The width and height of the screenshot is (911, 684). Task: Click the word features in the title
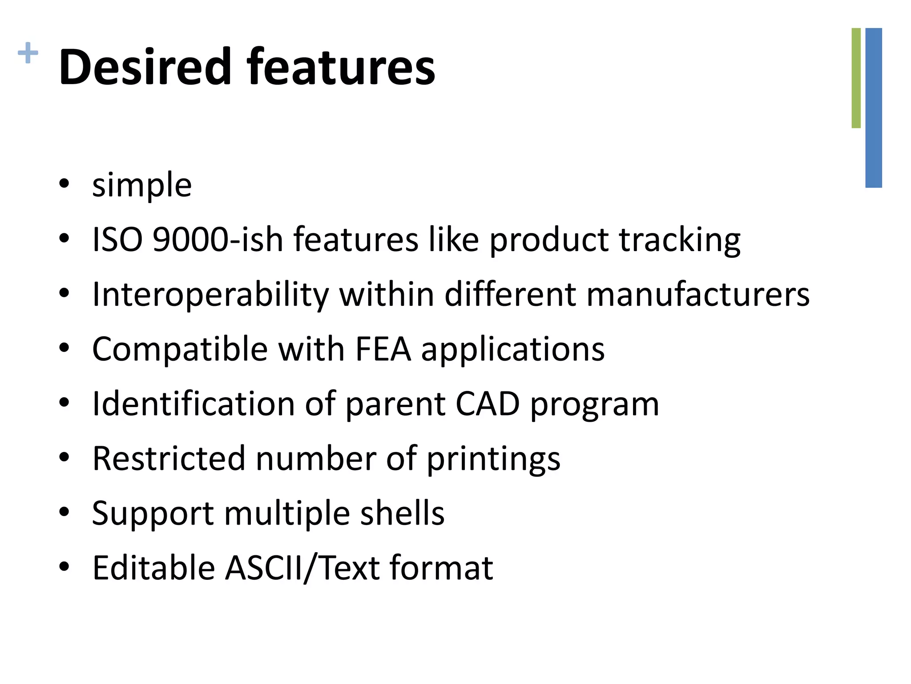(x=341, y=67)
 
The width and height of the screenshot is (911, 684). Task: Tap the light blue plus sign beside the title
(x=28, y=53)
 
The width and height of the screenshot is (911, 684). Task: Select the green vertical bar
(x=856, y=78)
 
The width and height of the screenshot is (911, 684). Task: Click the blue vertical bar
(x=874, y=108)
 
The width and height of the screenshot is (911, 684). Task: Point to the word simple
(x=142, y=185)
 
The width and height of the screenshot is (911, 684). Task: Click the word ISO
(x=117, y=240)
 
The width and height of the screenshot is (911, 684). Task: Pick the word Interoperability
(x=210, y=295)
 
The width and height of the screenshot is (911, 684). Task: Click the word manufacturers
(x=698, y=295)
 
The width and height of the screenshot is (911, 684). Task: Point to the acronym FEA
(x=383, y=349)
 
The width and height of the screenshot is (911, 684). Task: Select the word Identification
(x=193, y=404)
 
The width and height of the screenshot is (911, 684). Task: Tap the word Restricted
(x=169, y=459)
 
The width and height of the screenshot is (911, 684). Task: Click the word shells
(x=402, y=513)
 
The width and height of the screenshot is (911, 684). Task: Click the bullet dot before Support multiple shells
(x=64, y=512)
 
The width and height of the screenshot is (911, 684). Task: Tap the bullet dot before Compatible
(x=64, y=348)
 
